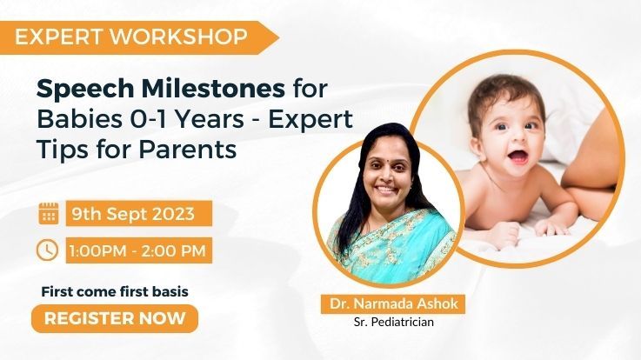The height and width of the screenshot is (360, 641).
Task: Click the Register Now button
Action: point(115,318)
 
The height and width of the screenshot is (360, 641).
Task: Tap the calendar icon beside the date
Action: point(49,213)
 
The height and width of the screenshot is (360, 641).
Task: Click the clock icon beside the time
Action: point(48,250)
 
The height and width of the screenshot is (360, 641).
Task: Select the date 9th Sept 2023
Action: point(133,214)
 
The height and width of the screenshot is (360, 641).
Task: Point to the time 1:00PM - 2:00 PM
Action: point(137,250)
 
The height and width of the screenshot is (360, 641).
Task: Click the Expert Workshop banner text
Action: point(131,37)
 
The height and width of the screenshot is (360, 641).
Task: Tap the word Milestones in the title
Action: point(213,89)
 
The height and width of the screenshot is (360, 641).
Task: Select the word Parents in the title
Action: point(188,150)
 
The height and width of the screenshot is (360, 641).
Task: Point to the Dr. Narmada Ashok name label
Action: point(394,303)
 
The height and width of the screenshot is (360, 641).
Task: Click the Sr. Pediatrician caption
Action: point(394,323)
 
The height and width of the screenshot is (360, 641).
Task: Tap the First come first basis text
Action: point(115,292)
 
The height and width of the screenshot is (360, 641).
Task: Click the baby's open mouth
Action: point(518,157)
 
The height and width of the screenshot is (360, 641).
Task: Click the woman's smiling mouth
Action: point(387,190)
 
